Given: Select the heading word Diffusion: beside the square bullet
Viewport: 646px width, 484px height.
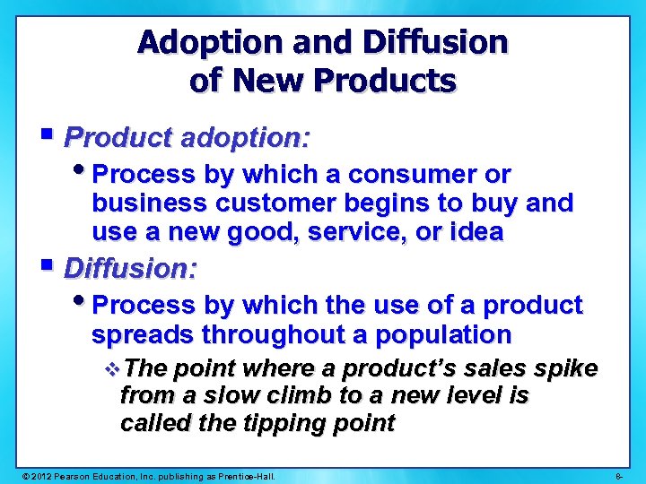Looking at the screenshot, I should (132, 268).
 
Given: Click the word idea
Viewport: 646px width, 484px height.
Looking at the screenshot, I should (477, 233).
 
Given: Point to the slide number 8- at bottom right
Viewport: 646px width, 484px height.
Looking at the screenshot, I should (621, 474).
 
